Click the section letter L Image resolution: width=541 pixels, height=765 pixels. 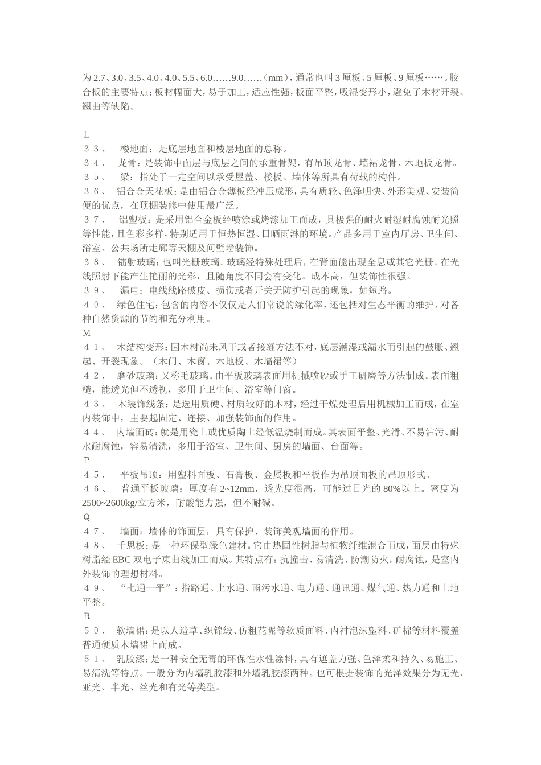[87, 135]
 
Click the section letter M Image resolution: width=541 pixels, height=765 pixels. [87, 332]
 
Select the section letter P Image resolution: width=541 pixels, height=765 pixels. [87, 460]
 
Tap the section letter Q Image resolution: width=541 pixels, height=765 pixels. [87, 517]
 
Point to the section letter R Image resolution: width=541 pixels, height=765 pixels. [87, 616]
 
